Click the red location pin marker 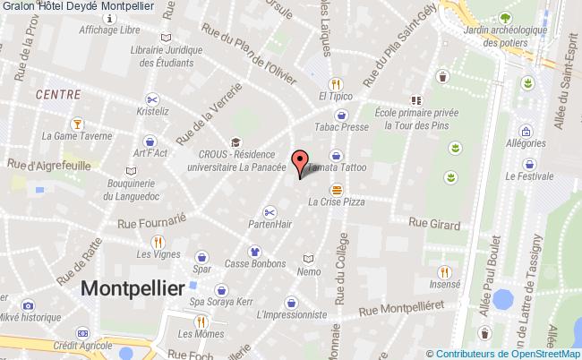coord(304,162)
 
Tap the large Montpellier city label coord(133,287)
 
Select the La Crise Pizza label coord(337,202)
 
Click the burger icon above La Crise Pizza coord(337,189)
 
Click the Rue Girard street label coord(434,224)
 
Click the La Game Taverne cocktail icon coord(78,124)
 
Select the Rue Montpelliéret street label coord(401,309)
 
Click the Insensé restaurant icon coord(444,271)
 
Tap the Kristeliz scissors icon coord(152,99)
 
